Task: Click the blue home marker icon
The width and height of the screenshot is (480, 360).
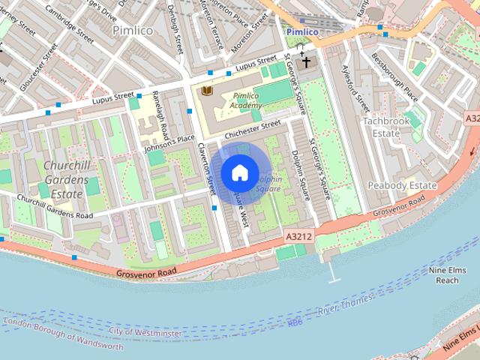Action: (239, 172)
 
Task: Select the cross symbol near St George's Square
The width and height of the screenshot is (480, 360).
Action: (305, 62)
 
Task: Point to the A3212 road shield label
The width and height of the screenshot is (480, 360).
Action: (298, 236)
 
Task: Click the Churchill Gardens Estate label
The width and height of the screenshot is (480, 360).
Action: (65, 180)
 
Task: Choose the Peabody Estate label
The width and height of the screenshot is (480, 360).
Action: (402, 185)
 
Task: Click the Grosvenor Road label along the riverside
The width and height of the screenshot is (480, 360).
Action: (146, 271)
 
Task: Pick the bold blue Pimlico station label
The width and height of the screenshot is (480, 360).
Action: (303, 32)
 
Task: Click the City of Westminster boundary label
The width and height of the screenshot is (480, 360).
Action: (145, 332)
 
